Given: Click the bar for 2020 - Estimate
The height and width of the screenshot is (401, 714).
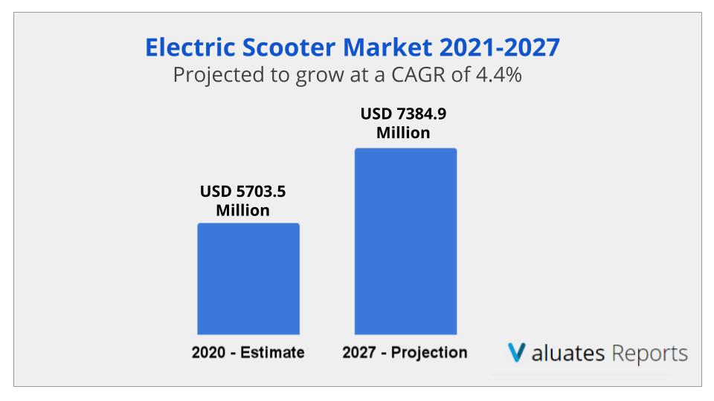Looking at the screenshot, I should click(248, 278).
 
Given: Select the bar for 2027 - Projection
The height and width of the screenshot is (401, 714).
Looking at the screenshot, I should click(405, 241).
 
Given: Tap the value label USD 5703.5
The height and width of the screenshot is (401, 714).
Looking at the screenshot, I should click(242, 192).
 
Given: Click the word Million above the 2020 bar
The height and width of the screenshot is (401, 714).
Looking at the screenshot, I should click(242, 210).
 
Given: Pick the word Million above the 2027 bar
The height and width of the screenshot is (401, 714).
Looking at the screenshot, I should click(403, 134).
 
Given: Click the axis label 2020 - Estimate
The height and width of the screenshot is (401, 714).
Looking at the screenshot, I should click(248, 353).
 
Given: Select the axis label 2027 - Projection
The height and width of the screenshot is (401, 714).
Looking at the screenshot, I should click(405, 353).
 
